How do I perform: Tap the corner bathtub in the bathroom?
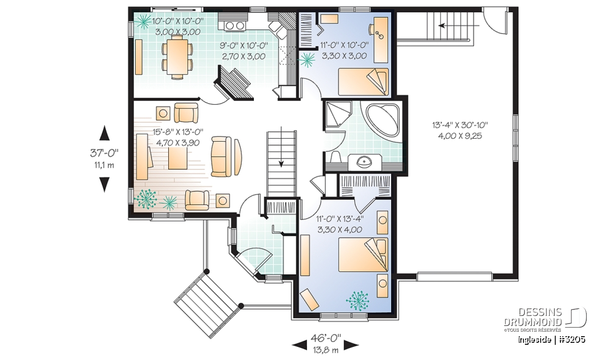coord(383,120)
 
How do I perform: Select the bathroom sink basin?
coord(365,162)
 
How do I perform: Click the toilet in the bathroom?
coord(335,158)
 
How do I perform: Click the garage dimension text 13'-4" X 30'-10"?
coord(460,125)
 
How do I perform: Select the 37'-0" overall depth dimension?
coord(104,153)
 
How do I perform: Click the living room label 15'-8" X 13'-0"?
coord(178,132)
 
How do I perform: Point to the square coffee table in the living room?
coord(178,158)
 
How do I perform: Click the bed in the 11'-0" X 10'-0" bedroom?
coord(363,82)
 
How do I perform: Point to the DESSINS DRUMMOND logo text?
coord(533,317)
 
